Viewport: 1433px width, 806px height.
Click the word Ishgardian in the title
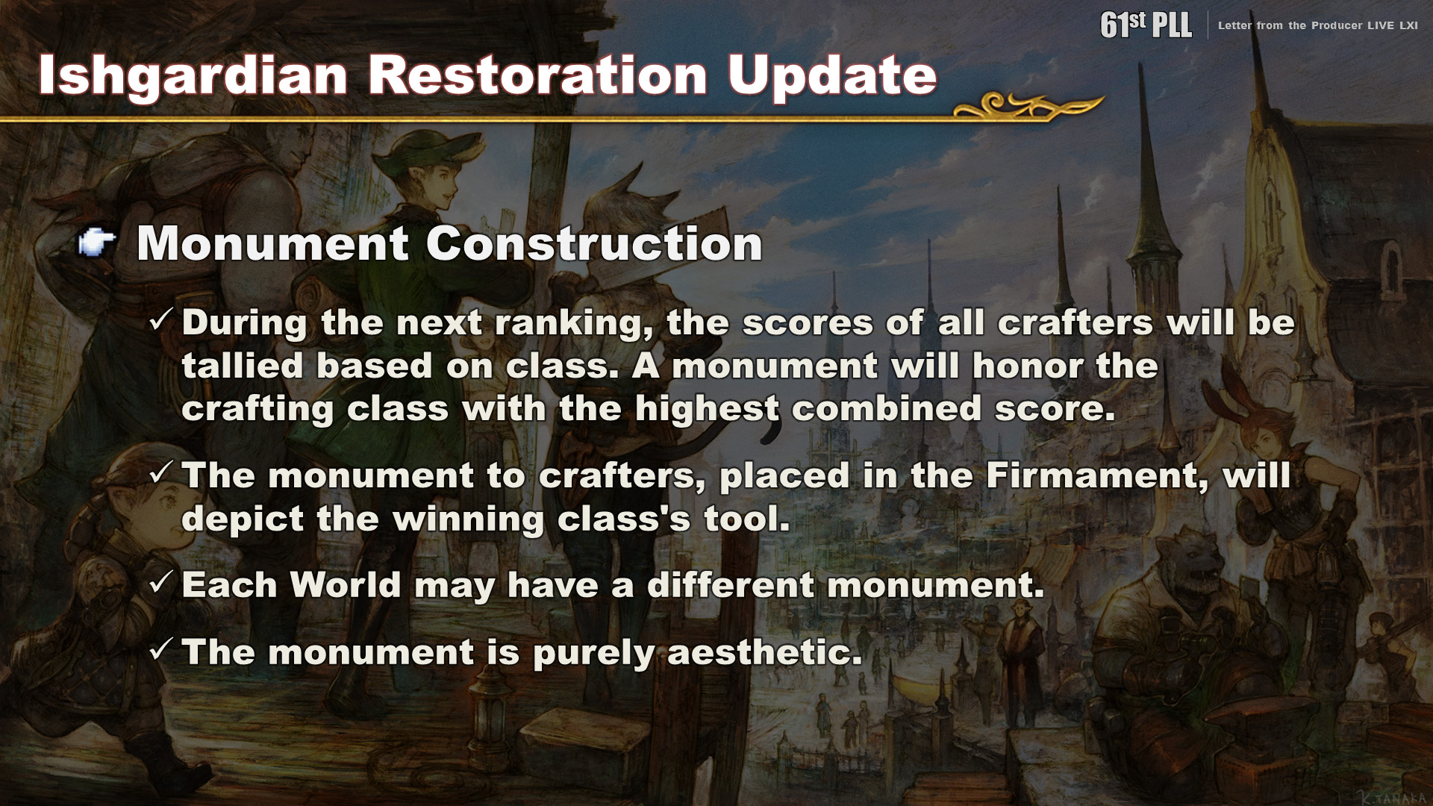[193, 76]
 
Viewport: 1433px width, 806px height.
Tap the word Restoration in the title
[538, 75]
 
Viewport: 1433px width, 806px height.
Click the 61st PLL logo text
[1146, 25]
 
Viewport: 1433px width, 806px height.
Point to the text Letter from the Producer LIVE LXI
[1318, 25]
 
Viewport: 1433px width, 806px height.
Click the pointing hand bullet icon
[97, 242]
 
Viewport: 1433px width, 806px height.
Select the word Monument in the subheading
[273, 243]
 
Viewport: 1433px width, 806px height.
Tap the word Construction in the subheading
[594, 243]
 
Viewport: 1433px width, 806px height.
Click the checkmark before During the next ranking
[161, 320]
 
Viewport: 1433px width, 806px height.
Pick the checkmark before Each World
[161, 582]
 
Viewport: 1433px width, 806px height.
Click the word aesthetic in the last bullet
[764, 652]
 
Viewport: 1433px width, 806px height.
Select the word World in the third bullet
[346, 584]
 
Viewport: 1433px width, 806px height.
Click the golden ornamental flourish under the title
[1028, 106]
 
